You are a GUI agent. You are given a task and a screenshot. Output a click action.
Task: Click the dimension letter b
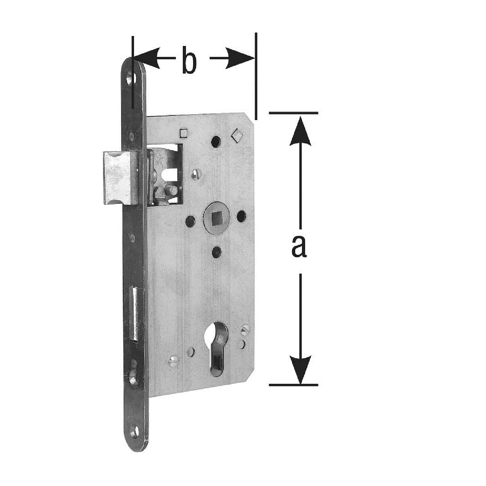[x=189, y=60]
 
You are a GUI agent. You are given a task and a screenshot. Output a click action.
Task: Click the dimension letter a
[x=299, y=247]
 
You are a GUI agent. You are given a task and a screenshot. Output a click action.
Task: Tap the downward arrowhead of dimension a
[x=300, y=369]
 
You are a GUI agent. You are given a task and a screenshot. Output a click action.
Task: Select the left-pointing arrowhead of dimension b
[x=146, y=58]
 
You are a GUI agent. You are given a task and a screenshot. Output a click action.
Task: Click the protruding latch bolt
[x=121, y=178]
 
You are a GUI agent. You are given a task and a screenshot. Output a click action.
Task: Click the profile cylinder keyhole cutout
[x=219, y=346]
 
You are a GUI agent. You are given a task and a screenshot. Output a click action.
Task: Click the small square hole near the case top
[x=183, y=133]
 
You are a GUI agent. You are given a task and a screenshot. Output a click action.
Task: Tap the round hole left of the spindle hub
[x=190, y=221]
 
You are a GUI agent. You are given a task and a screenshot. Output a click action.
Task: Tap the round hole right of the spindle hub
[x=242, y=216]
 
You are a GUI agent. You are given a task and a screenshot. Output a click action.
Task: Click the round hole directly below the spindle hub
[x=216, y=252]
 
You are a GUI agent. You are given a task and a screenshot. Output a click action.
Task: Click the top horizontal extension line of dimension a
[x=293, y=113]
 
